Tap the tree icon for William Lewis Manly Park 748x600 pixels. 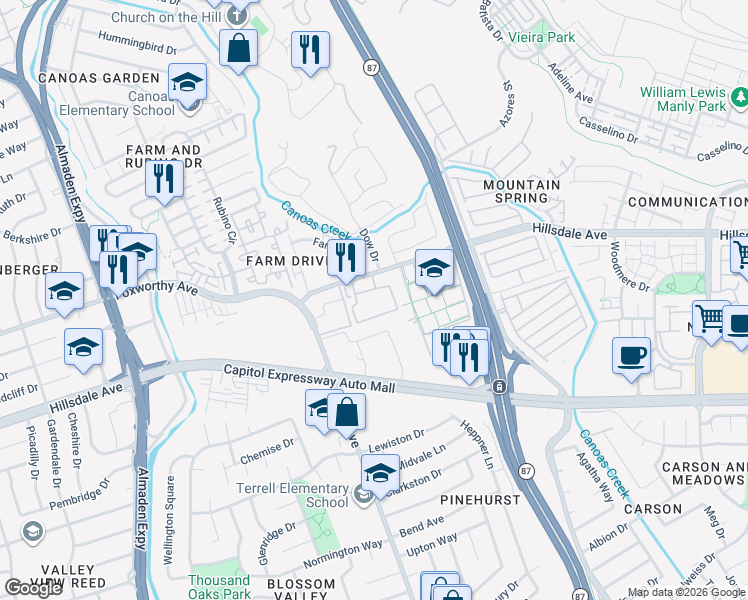(x=741, y=97)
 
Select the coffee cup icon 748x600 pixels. (x=631, y=357)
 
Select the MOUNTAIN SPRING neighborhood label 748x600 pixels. (x=521, y=191)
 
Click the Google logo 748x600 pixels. (x=33, y=588)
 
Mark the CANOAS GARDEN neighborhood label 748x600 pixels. (x=98, y=78)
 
